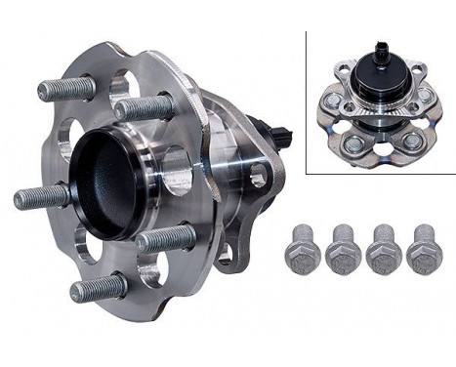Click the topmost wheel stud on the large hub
click(66, 88)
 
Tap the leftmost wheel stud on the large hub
click(40, 198)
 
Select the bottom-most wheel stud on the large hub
click(96, 288)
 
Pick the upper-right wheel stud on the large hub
click(145, 107)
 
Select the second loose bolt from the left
click(342, 251)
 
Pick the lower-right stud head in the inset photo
click(413, 141)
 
